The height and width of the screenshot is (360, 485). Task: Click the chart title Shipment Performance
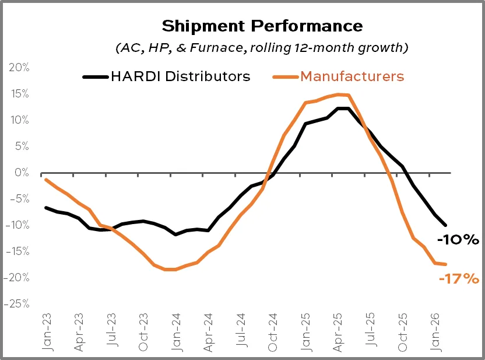[x=262, y=26]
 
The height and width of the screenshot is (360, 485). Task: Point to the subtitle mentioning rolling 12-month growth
[x=262, y=48]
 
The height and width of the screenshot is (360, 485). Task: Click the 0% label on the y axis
[x=22, y=173]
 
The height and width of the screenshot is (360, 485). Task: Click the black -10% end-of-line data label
[x=458, y=239]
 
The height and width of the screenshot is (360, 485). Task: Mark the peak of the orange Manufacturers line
[x=339, y=95]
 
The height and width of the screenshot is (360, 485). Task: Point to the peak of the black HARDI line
[x=343, y=109]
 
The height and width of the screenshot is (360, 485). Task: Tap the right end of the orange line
[x=446, y=264]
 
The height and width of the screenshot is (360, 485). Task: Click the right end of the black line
[x=446, y=225]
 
